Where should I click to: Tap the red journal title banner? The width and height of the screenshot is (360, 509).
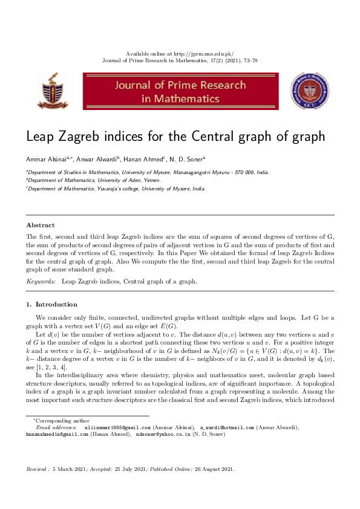pos(180,91)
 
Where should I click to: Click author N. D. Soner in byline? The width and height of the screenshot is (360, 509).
pos(185,160)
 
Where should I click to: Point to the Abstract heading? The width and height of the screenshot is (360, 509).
pos(40,225)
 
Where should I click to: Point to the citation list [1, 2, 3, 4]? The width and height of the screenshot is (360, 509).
pos(51,367)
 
